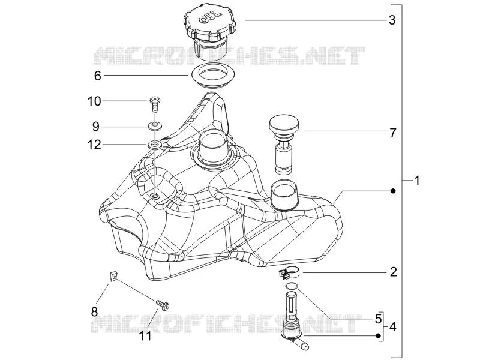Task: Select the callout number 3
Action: tap(392, 20)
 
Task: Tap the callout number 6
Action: tap(97, 76)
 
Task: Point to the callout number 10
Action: tap(94, 101)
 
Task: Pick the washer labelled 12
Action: tap(155, 145)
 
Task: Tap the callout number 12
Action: tap(94, 145)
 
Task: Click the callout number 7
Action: tap(393, 133)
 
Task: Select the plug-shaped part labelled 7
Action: tap(284, 144)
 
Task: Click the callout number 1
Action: tap(416, 181)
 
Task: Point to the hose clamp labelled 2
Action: tap(288, 273)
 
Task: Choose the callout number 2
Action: tap(394, 272)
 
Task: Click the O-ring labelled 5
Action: tap(292, 286)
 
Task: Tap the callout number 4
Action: tap(393, 327)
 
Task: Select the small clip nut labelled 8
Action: tap(113, 277)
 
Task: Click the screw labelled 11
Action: tap(163, 305)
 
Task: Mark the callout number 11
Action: tap(145, 336)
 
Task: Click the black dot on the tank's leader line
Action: tap(394, 191)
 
